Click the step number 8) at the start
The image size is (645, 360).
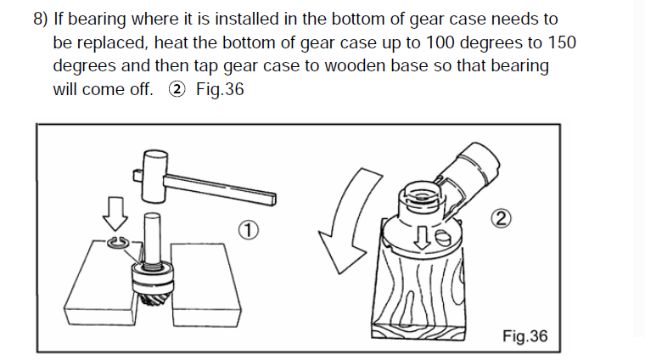pos(41,20)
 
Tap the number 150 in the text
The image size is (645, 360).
pos(562,42)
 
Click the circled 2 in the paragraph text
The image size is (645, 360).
pos(177,89)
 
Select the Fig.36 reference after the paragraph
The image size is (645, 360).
pos(220,89)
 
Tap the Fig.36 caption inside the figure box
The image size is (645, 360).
pos(524,336)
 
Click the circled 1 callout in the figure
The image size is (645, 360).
pos(249,230)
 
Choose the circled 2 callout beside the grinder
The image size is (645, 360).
pos(501,218)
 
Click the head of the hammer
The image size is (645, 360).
pos(154,176)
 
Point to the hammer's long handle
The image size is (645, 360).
pos(220,188)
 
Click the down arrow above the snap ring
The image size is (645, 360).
pos(115,214)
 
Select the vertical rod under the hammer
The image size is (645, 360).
pos(152,239)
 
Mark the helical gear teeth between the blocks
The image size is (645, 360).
pos(151,299)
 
